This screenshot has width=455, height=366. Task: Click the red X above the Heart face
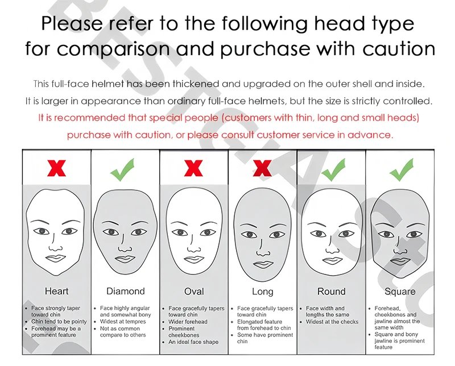[x=56, y=168]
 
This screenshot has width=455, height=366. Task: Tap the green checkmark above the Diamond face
[x=122, y=170]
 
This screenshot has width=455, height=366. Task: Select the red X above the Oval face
[x=193, y=168]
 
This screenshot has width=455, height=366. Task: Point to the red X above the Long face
[x=262, y=168]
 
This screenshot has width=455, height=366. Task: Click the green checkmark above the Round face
[x=333, y=170]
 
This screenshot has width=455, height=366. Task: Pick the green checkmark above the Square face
[x=402, y=170]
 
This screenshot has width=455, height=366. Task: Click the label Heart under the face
[x=56, y=291]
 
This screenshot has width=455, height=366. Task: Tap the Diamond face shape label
[x=125, y=291]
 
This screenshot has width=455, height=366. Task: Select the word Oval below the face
[x=194, y=291]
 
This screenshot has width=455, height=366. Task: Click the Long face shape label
[x=263, y=292]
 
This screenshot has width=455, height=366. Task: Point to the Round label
[x=332, y=291]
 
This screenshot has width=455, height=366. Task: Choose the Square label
[x=400, y=292]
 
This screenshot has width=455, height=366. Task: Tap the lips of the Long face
[x=263, y=265]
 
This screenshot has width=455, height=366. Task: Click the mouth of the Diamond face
[x=125, y=259]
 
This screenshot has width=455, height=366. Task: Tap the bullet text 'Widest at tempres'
[x=123, y=322]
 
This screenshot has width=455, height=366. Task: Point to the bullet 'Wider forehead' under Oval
[x=188, y=322]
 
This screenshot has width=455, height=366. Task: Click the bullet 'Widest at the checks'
[x=332, y=322]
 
